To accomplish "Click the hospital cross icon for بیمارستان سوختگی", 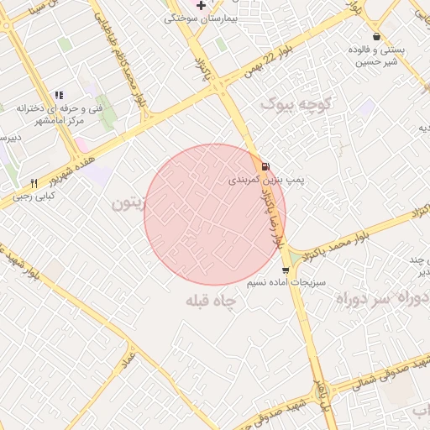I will click(x=201, y=5).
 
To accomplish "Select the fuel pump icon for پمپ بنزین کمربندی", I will click(x=265, y=166).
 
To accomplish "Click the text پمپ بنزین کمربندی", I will click(x=266, y=181).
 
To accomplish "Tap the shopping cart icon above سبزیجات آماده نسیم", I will click(x=286, y=270).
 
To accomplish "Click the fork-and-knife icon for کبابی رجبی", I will click(x=34, y=183).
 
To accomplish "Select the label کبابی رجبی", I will click(x=33, y=197).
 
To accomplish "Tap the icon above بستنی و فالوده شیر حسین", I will click(x=375, y=36).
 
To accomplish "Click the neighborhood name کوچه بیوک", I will click(x=297, y=104).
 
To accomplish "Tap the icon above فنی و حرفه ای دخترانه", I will click(x=58, y=95).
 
